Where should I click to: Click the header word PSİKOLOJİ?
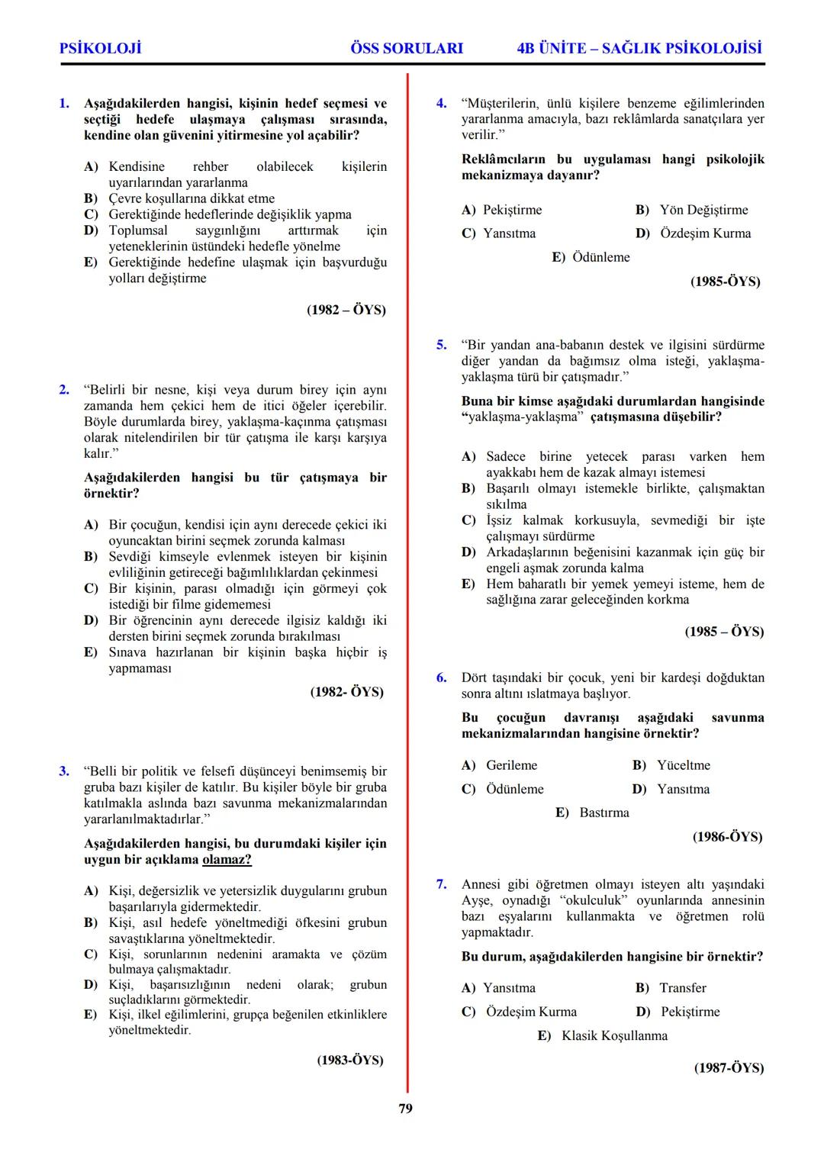[100, 48]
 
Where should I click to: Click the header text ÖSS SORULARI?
[406, 48]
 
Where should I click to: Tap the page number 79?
[406, 1109]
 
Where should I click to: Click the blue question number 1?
[64, 103]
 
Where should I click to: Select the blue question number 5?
[441, 345]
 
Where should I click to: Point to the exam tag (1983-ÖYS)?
[350, 1060]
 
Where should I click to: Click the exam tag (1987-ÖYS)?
[729, 1068]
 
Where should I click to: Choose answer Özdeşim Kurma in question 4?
[705, 233]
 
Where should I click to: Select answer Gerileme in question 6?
[511, 765]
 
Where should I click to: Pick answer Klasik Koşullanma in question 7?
[614, 1035]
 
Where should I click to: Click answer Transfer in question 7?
[683, 988]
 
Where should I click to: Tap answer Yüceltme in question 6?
[684, 765]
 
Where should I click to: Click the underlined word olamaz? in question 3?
[227, 860]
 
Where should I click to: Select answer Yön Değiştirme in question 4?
[703, 210]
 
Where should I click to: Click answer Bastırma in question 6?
[604, 813]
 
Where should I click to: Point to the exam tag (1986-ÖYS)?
[727, 837]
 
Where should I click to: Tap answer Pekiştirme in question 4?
[512, 210]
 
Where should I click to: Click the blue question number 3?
[64, 771]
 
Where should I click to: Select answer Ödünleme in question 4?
[601, 257]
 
